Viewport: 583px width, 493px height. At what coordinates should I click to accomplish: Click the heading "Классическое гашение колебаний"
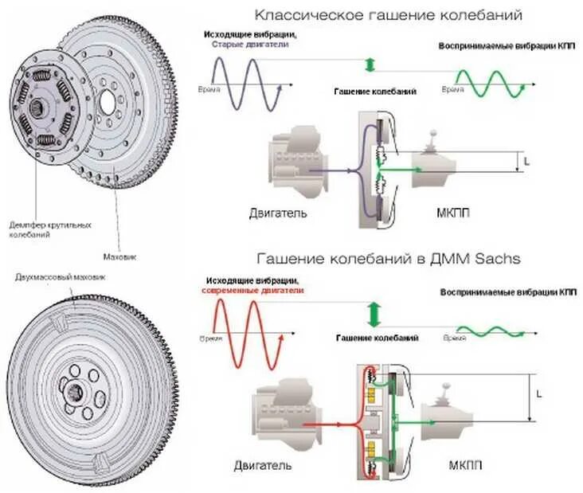coord(389,15)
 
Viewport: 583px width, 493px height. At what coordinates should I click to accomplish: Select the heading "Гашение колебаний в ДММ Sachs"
coord(389,259)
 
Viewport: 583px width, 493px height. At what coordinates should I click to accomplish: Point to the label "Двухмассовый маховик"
coord(61,276)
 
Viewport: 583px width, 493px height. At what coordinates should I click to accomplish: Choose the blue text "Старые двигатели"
coord(249,45)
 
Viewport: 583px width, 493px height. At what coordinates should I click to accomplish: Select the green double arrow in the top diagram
coord(369,65)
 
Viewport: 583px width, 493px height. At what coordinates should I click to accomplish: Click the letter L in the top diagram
coord(526,162)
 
